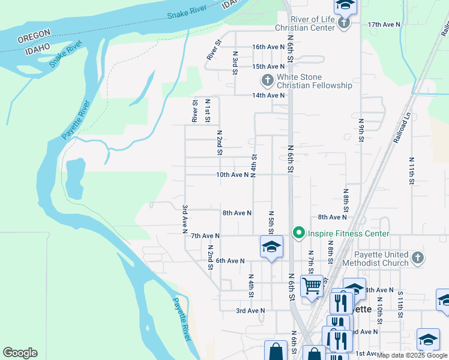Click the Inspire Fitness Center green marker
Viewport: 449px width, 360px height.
point(298,233)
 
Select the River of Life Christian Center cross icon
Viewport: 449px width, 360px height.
point(344,23)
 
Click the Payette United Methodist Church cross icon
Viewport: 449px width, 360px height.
point(418,258)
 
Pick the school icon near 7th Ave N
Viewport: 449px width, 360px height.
point(271,246)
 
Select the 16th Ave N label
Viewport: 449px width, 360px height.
point(268,47)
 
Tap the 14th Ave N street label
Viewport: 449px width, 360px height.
point(268,95)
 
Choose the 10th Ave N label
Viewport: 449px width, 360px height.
point(232,175)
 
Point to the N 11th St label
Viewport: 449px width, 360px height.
point(412,171)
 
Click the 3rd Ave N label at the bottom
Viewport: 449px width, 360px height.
point(250,311)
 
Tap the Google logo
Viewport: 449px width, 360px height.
point(20,353)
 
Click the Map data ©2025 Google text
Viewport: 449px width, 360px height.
point(412,355)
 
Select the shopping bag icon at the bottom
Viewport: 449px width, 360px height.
point(276,351)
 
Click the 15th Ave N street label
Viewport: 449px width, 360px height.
point(268,67)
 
